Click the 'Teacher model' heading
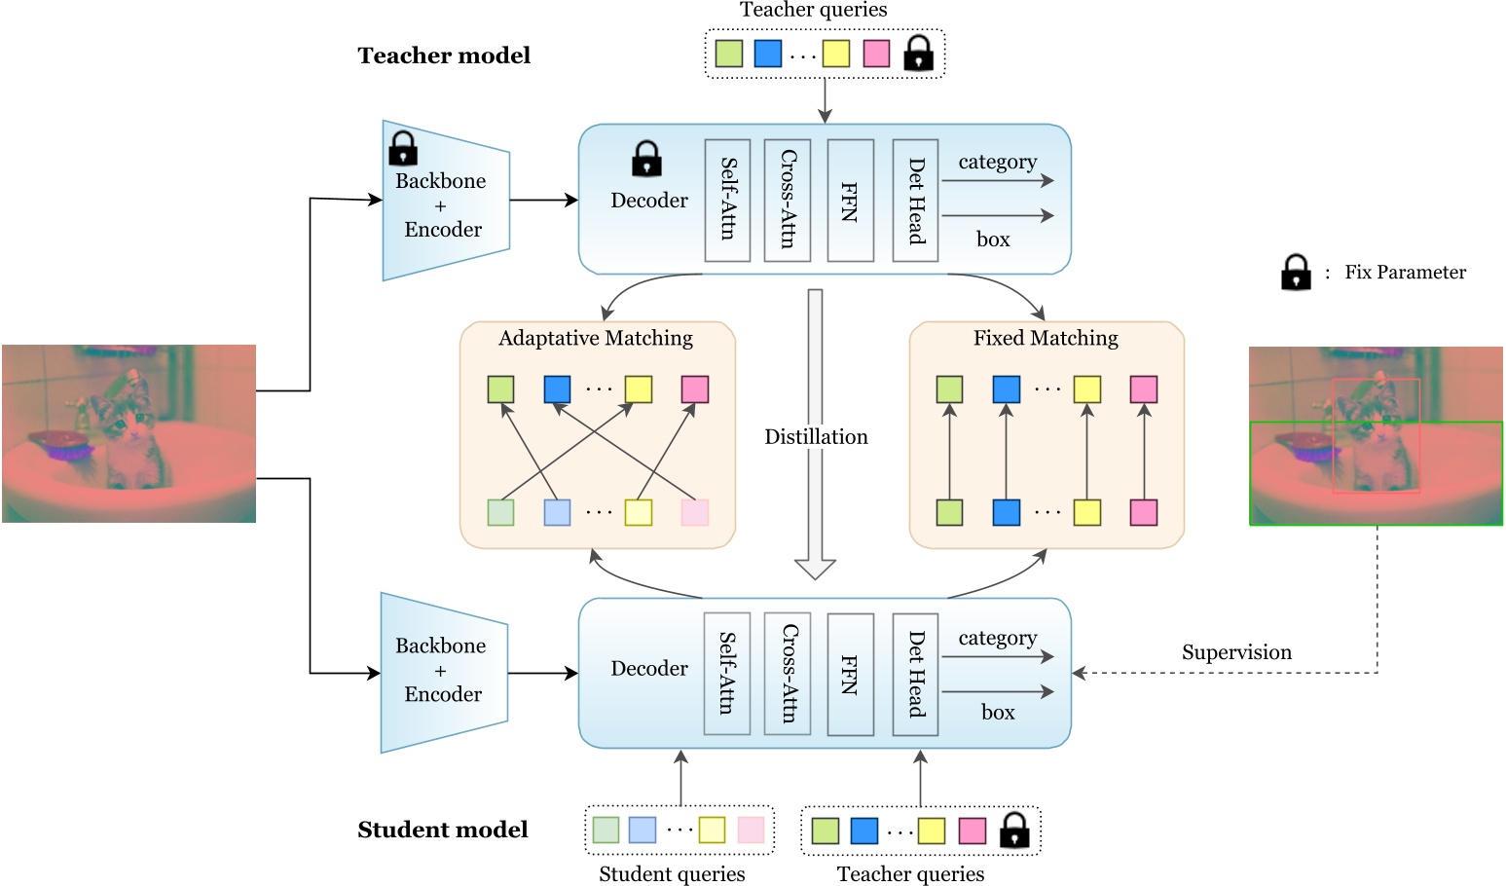(444, 55)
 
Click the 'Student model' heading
(443, 830)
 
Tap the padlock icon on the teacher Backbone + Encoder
(403, 149)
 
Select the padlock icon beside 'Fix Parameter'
(1296, 273)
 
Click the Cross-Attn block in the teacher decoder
(788, 200)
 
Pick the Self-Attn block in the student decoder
(727, 673)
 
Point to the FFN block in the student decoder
(850, 673)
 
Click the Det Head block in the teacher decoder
(915, 200)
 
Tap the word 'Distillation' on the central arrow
(816, 437)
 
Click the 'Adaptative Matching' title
(596, 338)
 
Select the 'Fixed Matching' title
(1046, 338)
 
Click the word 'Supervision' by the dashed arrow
(1236, 652)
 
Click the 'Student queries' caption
(672, 873)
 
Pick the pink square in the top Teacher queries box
(876, 54)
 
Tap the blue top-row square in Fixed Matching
(1007, 389)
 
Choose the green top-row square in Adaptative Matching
(500, 389)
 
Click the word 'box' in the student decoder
(998, 713)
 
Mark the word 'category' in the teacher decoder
(998, 162)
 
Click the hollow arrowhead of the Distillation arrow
(816, 569)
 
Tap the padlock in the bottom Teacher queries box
(1014, 831)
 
